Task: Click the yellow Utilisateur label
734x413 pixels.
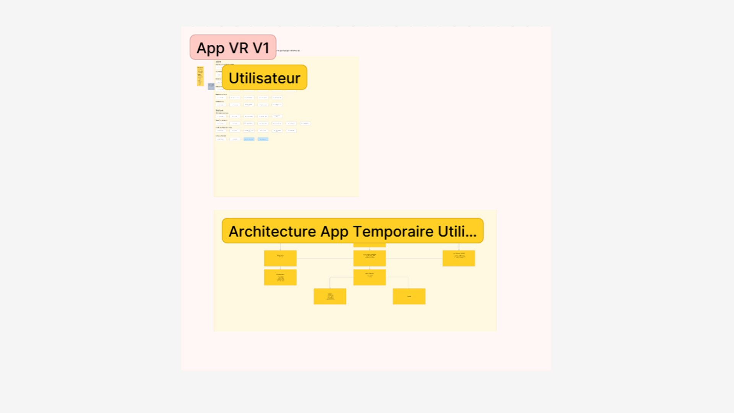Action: pos(265,78)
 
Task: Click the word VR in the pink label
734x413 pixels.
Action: pos(239,48)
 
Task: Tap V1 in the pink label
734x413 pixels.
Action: pos(261,48)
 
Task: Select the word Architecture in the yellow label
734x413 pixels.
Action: pos(272,231)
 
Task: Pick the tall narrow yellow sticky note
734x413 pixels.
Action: pos(200,76)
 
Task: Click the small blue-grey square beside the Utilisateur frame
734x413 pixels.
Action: pos(211,86)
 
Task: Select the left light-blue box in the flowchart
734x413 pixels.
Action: pos(249,139)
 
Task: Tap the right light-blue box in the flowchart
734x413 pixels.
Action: pos(263,139)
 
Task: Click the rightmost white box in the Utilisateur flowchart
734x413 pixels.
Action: pos(305,124)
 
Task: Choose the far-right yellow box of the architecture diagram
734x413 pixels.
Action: pos(459,258)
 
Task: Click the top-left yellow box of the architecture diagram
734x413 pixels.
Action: pos(280,258)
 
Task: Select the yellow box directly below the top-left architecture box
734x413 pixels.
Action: pos(280,277)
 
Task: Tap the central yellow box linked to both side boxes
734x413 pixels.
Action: pos(369,258)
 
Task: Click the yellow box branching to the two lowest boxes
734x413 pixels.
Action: pos(369,277)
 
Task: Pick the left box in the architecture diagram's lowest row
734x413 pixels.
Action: pos(330,296)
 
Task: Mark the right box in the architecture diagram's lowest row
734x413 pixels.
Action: pos(409,296)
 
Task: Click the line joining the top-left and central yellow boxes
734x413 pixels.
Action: pos(325,259)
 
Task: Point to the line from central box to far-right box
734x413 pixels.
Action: pos(414,259)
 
